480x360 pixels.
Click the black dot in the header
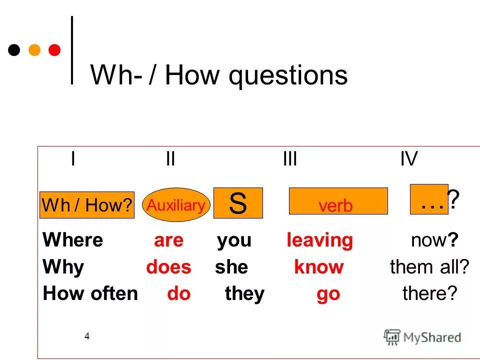pos(15,50)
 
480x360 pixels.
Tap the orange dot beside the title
pos(34,50)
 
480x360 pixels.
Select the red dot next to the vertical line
pos(54,50)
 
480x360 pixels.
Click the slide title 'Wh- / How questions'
pos(218,75)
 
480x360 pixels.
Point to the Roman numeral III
pos(290,160)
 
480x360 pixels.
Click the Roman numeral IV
pos(408,160)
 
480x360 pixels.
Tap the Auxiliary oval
pos(176,205)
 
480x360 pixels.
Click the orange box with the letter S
pos(238,203)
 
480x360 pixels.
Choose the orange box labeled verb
pos(338,201)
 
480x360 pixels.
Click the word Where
pos(73,240)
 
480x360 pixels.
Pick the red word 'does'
pos(168,267)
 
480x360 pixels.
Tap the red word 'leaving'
pos(319,240)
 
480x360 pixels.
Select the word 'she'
pos(231,267)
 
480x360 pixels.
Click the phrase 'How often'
pos(90,293)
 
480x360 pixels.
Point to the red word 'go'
pos(328,294)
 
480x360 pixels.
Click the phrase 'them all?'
pos(429,267)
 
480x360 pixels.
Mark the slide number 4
pos(87,336)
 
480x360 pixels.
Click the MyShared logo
pos(422,337)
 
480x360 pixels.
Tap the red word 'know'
pos(318,267)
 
